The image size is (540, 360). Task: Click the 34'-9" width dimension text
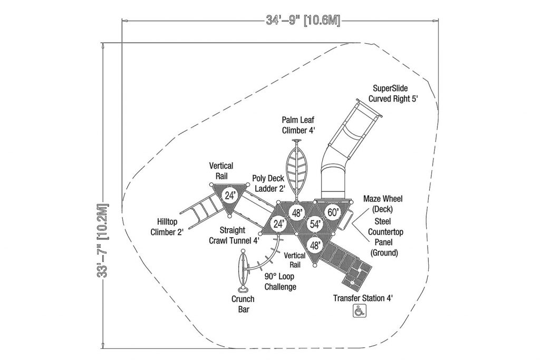pyautogui.click(x=303, y=21)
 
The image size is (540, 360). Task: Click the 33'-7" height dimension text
pyautogui.click(x=103, y=240)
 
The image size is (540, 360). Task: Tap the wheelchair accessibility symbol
pyautogui.click(x=359, y=311)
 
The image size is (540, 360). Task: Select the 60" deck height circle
pyautogui.click(x=333, y=212)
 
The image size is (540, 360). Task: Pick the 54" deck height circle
pyautogui.click(x=315, y=225)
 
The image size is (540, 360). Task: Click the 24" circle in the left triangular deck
pyautogui.click(x=229, y=196)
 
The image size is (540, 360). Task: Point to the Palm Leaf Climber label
pyautogui.click(x=298, y=125)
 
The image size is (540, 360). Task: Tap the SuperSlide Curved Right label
pyautogui.click(x=393, y=94)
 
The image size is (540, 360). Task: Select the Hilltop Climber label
pyautogui.click(x=167, y=227)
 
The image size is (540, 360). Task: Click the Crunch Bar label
pyautogui.click(x=243, y=304)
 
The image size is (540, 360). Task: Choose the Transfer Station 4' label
pyautogui.click(x=363, y=298)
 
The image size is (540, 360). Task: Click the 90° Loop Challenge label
pyautogui.click(x=280, y=281)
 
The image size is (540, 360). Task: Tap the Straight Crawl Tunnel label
pyautogui.click(x=234, y=236)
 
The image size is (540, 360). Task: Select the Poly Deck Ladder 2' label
pyautogui.click(x=268, y=183)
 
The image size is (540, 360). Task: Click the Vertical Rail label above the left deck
pyautogui.click(x=221, y=171)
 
